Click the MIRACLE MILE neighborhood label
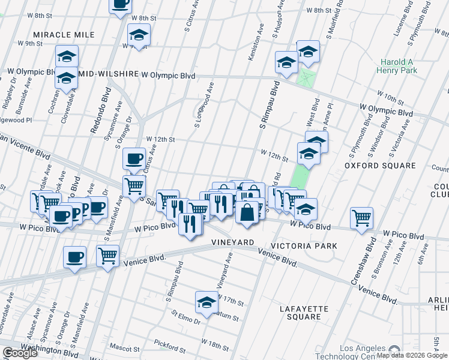click(x=64, y=35)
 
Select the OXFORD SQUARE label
click(x=379, y=165)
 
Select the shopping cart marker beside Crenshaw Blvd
click(x=362, y=218)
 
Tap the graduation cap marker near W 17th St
click(x=206, y=302)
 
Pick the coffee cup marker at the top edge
click(x=120, y=4)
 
